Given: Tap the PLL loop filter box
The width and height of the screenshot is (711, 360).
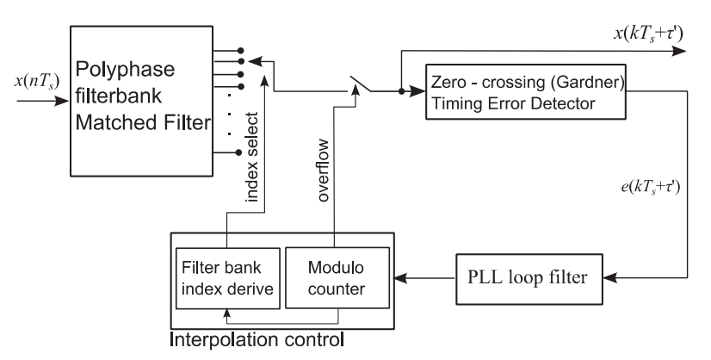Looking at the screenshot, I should (x=535, y=277).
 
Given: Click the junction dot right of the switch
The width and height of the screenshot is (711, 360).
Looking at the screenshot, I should (x=400, y=89).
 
